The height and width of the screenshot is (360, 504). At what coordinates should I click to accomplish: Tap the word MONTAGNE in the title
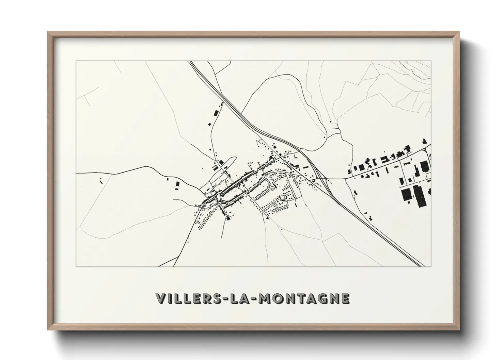coord(304,298)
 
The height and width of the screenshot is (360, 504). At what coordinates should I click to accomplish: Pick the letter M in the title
coord(266,298)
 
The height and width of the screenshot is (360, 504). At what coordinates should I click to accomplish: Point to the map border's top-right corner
coord(431,61)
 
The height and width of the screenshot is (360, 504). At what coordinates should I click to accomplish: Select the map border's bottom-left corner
coord(76,266)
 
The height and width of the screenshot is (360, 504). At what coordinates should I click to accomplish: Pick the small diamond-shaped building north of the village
coord(215,113)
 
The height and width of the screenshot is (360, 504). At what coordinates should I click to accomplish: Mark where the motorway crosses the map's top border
coord(191,62)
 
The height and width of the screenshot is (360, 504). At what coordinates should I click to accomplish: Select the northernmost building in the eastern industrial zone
coord(424,140)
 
